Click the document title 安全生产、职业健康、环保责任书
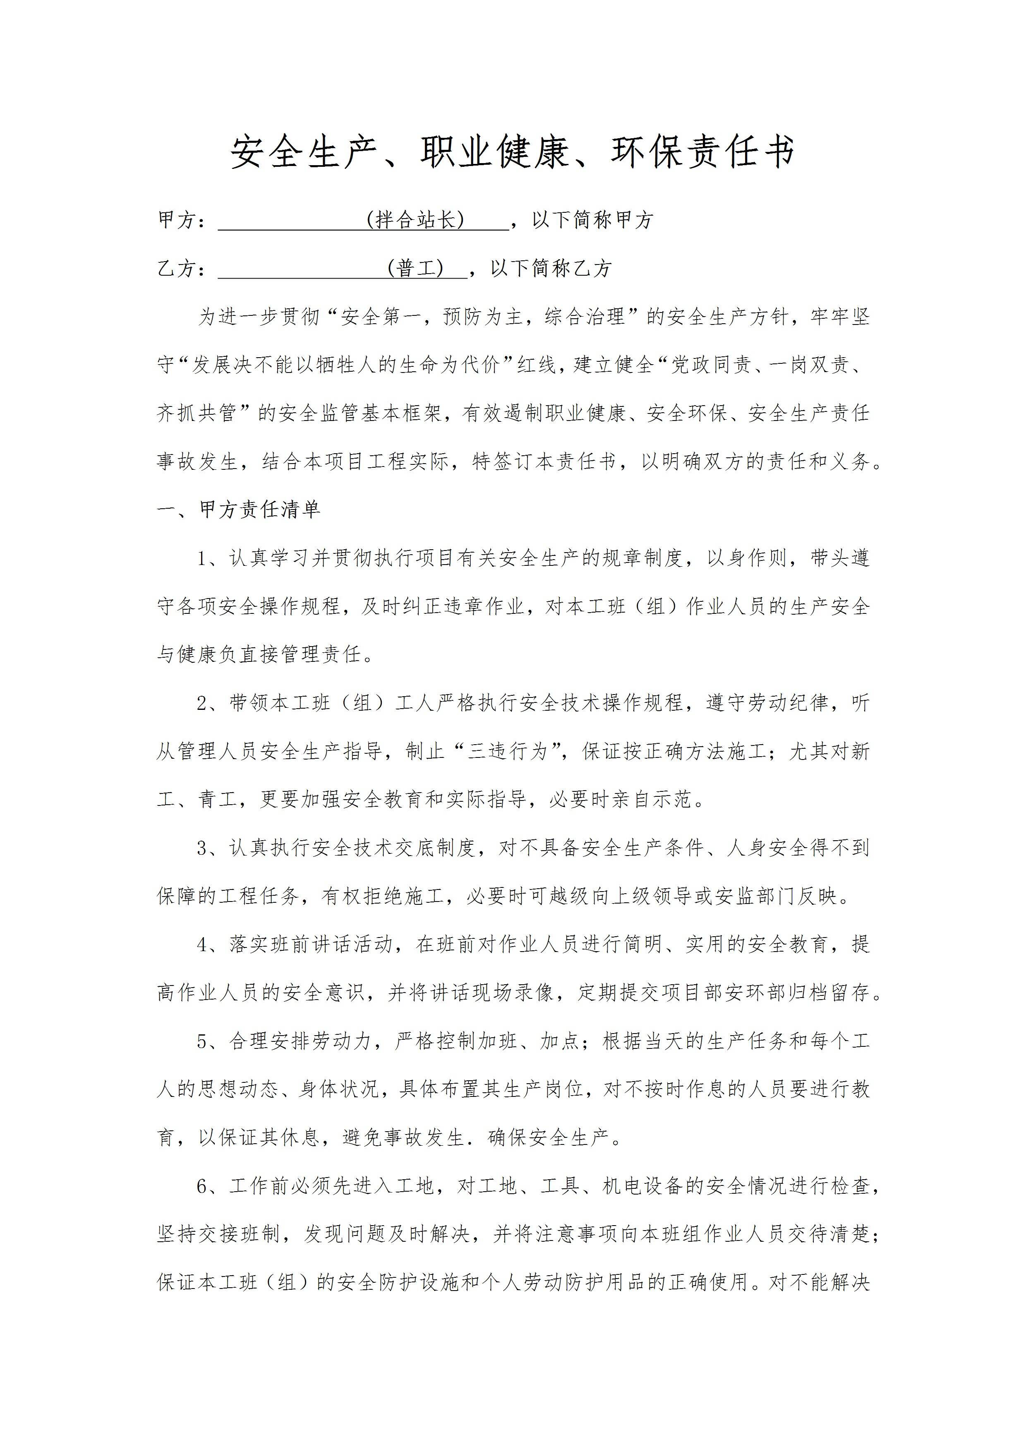tap(513, 152)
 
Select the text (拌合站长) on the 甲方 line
tap(415, 220)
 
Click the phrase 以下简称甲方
tap(592, 220)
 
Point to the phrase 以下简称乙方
tap(551, 268)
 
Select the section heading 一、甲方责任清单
tap(239, 510)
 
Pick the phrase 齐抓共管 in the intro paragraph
tap(197, 413)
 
